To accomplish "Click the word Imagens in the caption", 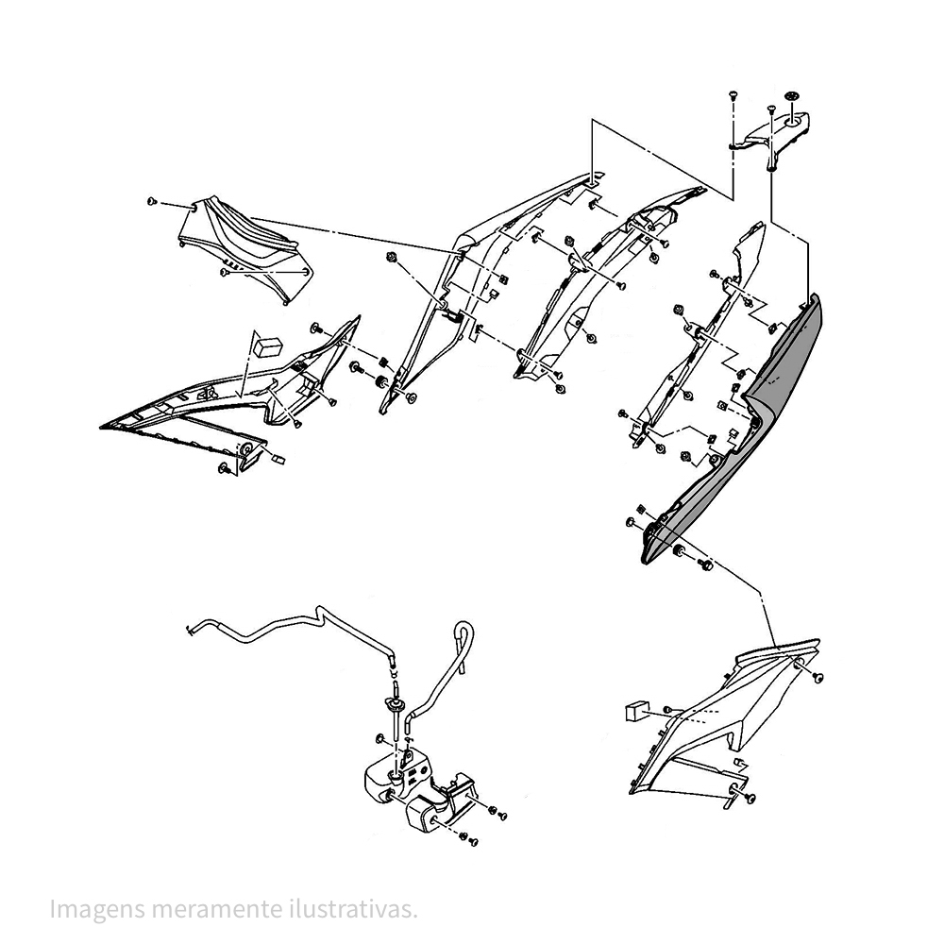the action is pyautogui.click(x=97, y=909).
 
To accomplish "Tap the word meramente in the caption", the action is pyautogui.click(x=216, y=909).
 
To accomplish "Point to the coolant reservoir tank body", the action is pyautogui.click(x=397, y=783).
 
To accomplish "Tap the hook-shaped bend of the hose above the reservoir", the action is pyautogui.click(x=464, y=638).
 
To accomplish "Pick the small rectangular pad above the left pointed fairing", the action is pyautogui.click(x=268, y=346).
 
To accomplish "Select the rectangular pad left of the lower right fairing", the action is pyautogui.click(x=635, y=711).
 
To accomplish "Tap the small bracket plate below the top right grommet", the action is pyautogui.click(x=777, y=134).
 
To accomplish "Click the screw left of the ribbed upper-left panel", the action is pyautogui.click(x=152, y=202).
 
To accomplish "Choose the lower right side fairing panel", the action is pyautogui.click(x=722, y=722).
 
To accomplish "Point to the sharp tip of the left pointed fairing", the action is pyautogui.click(x=100, y=427).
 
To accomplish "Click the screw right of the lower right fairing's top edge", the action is pyautogui.click(x=818, y=678).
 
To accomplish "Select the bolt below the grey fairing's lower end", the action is pyautogui.click(x=704, y=565).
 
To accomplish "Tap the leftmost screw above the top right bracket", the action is pyautogui.click(x=733, y=95).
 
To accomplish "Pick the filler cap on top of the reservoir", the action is pyautogui.click(x=396, y=704).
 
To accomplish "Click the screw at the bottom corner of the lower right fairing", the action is pyautogui.click(x=750, y=799).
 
